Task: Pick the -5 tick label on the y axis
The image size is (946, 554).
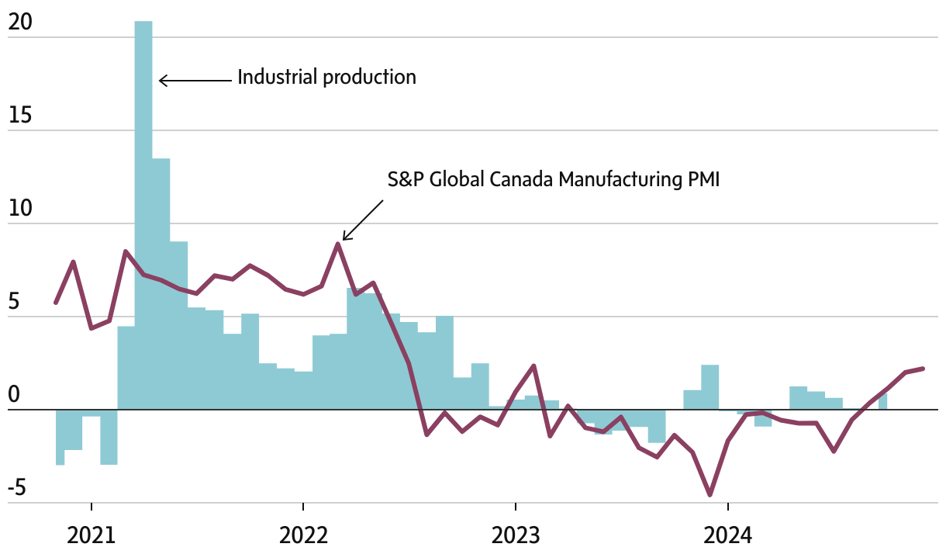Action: coord(17,489)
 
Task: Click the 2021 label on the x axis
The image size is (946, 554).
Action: coord(91,535)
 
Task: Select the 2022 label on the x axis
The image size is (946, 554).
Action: coord(303,535)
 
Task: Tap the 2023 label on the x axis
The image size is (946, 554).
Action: coord(516,535)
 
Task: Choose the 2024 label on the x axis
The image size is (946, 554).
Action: coord(728,535)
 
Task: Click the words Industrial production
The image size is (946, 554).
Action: coord(326,78)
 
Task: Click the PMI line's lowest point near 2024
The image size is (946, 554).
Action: coord(710,494)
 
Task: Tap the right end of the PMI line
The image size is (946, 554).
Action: coord(923,369)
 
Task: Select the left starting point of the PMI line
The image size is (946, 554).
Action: coord(56,303)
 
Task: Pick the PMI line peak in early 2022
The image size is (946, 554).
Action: coord(338,244)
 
